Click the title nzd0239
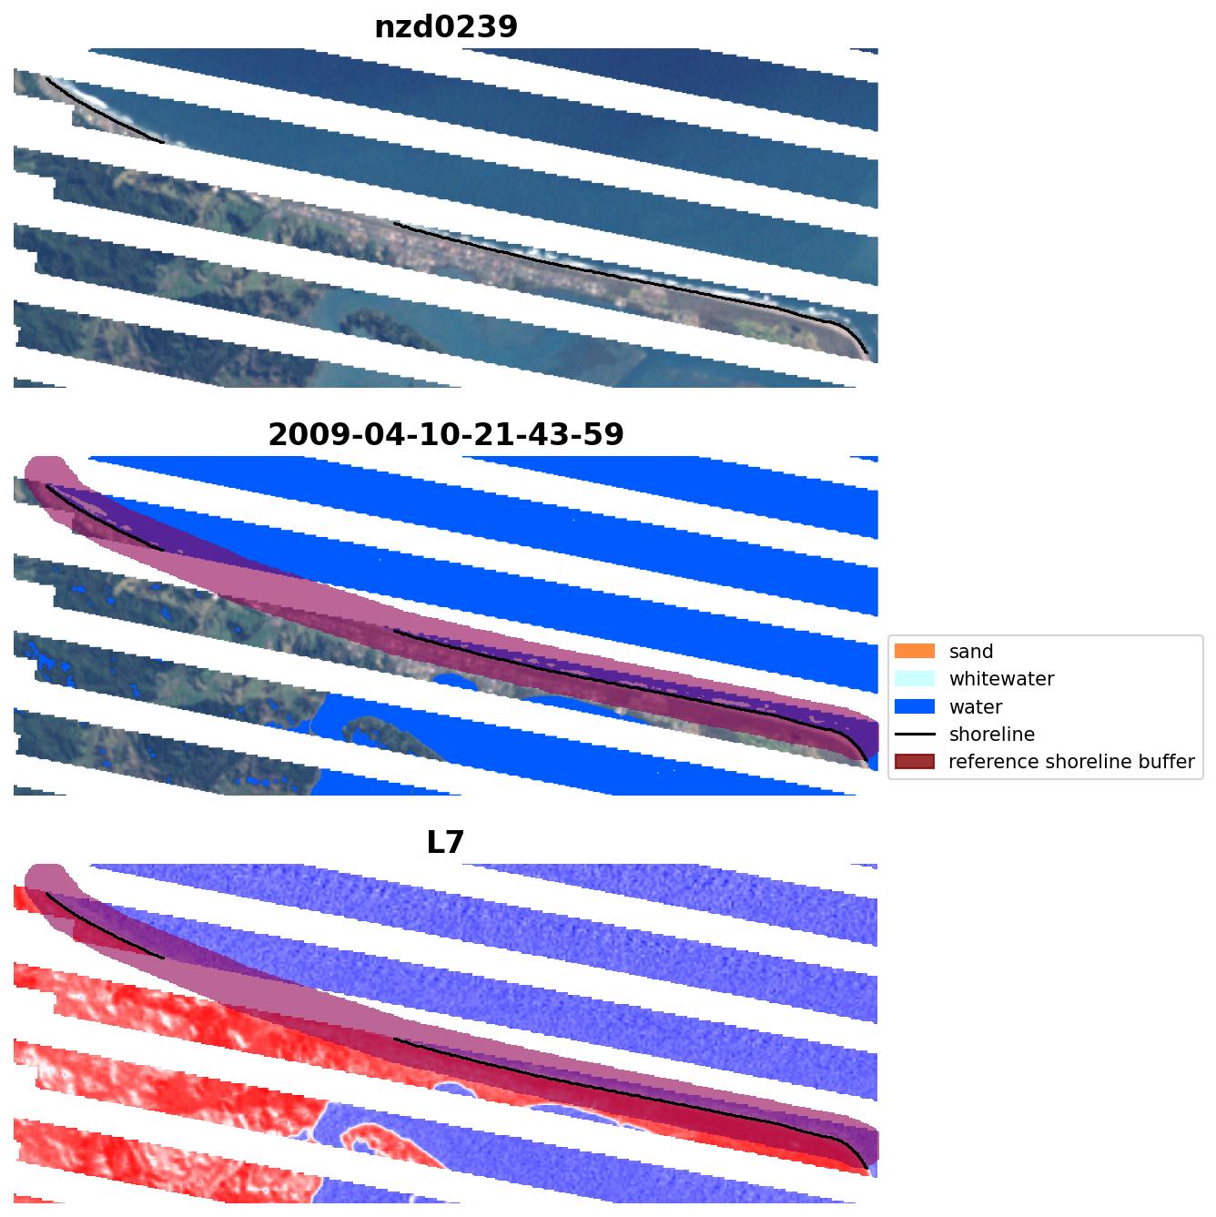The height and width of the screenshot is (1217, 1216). click(x=446, y=27)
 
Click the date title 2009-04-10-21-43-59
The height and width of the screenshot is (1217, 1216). click(x=446, y=435)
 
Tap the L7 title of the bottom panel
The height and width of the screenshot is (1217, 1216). click(x=446, y=843)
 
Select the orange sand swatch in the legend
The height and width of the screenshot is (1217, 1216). click(x=915, y=652)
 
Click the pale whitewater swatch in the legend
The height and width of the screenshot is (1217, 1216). click(x=915, y=679)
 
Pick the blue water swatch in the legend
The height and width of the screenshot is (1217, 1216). click(x=915, y=707)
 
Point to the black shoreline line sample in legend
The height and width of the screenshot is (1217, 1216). click(x=915, y=735)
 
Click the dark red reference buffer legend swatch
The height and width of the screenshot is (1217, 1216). click(x=915, y=762)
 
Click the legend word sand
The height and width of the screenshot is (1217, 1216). click(x=970, y=652)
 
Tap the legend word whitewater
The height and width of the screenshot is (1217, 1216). click(x=1001, y=679)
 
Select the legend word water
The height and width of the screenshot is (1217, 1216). click(x=975, y=707)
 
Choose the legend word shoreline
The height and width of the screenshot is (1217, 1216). click(x=991, y=735)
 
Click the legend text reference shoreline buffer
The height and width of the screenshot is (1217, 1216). click(x=1070, y=762)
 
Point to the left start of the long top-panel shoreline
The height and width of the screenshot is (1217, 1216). click(x=398, y=224)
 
